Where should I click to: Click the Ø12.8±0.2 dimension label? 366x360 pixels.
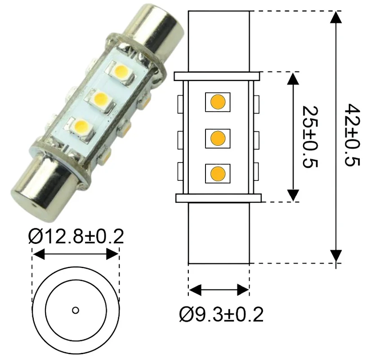click(76, 236)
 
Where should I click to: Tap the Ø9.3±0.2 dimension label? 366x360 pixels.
click(221, 315)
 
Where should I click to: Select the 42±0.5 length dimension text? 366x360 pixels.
click(352, 135)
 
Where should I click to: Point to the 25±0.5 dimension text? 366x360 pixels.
click(310, 137)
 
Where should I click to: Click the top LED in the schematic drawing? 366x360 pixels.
click(218, 102)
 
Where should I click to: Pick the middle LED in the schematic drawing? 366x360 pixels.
click(218, 138)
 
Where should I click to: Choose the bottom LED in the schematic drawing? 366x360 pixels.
click(218, 174)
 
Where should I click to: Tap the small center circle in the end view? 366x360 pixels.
click(76, 310)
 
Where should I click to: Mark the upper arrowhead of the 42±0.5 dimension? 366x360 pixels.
click(336, 17)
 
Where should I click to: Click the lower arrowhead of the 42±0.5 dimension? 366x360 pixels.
click(336, 256)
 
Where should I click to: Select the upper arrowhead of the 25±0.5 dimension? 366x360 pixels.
click(293, 78)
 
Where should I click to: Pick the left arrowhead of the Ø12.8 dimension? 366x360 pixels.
click(39, 254)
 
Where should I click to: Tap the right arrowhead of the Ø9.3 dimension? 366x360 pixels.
click(243, 290)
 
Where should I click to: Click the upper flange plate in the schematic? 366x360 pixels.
click(217, 76)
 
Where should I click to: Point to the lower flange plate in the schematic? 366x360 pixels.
click(219, 198)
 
